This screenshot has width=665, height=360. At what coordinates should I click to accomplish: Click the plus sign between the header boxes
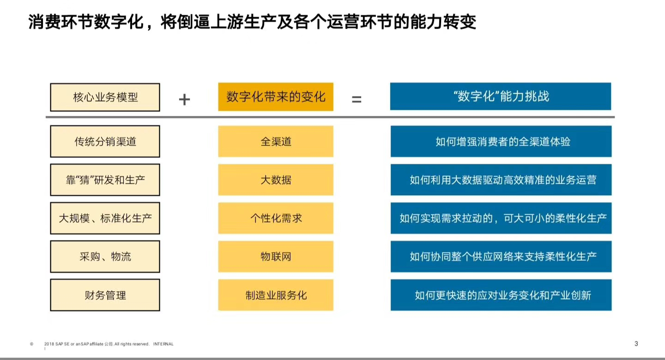[x=184, y=99]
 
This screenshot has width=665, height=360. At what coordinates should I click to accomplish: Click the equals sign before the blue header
[x=357, y=99]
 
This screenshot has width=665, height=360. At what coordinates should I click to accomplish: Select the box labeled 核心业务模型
[x=105, y=97]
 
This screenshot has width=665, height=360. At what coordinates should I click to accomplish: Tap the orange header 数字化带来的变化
[x=276, y=97]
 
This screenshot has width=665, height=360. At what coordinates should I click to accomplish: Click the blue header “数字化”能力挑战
[x=501, y=96]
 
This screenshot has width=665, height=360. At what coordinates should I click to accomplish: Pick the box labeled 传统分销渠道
[x=105, y=141]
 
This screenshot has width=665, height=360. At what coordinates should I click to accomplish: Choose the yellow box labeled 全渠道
[x=276, y=141]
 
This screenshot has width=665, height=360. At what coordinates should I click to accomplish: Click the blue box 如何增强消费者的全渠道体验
[x=501, y=141]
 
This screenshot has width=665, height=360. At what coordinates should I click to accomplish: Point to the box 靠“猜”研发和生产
[x=105, y=180]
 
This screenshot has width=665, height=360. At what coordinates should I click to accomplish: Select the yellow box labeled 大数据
[x=276, y=180]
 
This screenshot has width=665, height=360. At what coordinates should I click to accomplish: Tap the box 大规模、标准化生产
[x=105, y=218]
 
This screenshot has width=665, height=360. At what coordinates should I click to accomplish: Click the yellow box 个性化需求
[x=276, y=218]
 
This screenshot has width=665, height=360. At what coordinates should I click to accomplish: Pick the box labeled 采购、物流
[x=105, y=257]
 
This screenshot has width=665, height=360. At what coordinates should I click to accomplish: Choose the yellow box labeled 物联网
[x=276, y=257]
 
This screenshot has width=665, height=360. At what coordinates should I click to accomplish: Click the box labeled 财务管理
[x=105, y=295]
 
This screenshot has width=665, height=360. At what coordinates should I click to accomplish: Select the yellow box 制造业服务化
[x=276, y=295]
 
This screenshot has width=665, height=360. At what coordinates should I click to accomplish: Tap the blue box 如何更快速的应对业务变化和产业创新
[x=501, y=295]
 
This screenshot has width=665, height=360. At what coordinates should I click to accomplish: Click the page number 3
[x=636, y=344]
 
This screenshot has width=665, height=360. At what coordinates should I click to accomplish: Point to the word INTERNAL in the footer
[x=163, y=344]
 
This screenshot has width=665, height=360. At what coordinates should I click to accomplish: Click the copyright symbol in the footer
[x=32, y=344]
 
